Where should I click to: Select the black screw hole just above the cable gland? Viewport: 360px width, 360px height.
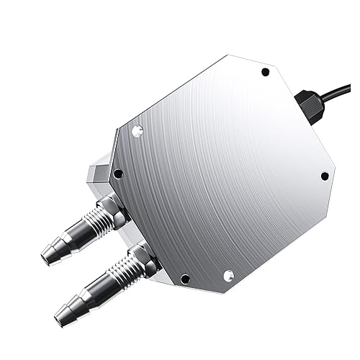click(x=265, y=73)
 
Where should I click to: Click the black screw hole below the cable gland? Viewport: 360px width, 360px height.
click(x=324, y=175)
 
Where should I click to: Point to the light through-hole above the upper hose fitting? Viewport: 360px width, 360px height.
click(x=138, y=130)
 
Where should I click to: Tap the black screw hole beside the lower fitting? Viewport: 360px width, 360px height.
click(x=184, y=279)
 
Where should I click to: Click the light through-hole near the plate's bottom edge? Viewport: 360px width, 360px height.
click(x=228, y=274)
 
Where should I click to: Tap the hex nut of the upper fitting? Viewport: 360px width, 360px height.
click(x=114, y=209)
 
